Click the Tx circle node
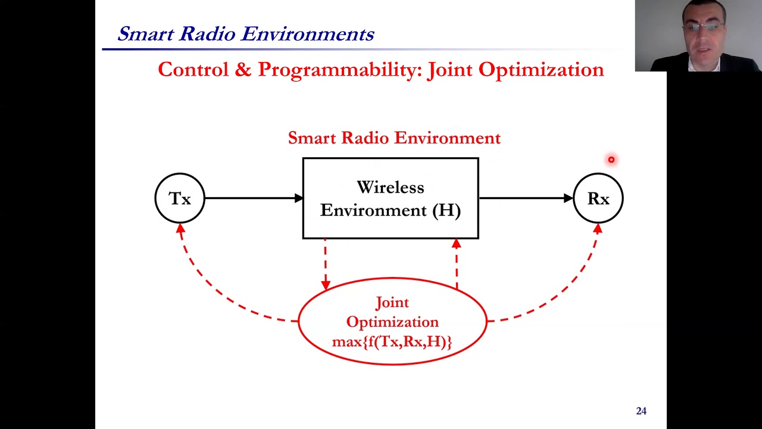pyautogui.click(x=180, y=198)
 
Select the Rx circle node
pyautogui.click(x=598, y=198)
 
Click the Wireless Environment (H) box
pyautogui.click(x=391, y=198)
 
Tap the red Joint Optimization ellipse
pyautogui.click(x=392, y=322)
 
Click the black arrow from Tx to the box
pyautogui.click(x=253, y=198)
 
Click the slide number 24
pyautogui.click(x=641, y=411)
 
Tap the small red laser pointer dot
pyautogui.click(x=611, y=160)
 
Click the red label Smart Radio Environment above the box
pyautogui.click(x=394, y=138)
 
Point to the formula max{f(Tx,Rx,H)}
pyautogui.click(x=392, y=342)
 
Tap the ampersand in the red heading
pyautogui.click(x=243, y=70)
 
